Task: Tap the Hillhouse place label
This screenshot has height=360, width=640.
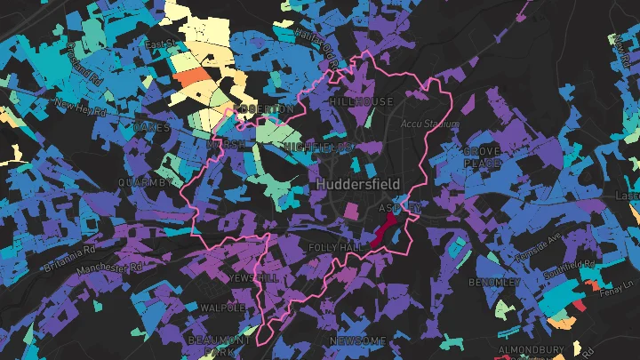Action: point(360,102)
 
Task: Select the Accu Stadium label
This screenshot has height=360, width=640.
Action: point(429,124)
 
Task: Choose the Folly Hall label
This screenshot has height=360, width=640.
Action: point(332,246)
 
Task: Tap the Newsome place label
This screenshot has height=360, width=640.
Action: point(357,340)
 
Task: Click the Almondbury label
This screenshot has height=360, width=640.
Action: point(530,350)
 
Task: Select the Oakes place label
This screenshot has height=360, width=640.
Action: point(149,128)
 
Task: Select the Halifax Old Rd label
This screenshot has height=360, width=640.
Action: point(316,50)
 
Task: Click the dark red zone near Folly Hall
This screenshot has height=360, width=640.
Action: point(384,234)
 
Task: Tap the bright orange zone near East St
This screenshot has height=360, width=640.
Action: point(193,76)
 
